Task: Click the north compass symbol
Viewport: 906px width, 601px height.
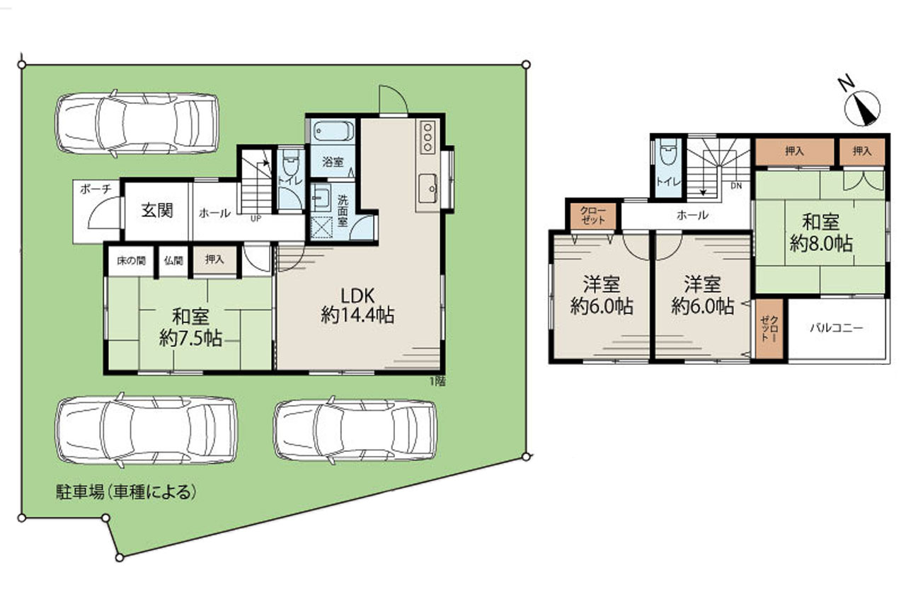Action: tap(861, 107)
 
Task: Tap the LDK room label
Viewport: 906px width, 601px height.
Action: tap(357, 296)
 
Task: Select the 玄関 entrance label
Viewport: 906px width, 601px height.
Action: tap(157, 211)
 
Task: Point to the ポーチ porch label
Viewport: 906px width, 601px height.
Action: tap(96, 189)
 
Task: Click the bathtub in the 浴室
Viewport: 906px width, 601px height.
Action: tap(333, 132)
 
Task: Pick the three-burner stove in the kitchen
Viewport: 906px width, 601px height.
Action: tap(428, 137)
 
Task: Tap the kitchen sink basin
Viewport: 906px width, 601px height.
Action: tap(428, 188)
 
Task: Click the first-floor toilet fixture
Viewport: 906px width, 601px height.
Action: tap(289, 161)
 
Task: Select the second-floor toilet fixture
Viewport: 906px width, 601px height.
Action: tap(667, 151)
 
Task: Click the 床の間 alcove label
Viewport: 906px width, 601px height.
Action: tap(131, 261)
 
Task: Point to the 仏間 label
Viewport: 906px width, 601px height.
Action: tap(173, 261)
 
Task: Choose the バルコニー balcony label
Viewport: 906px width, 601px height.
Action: tap(837, 327)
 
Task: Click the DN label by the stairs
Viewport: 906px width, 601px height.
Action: tap(736, 186)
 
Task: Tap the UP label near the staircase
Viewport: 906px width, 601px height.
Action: tap(256, 218)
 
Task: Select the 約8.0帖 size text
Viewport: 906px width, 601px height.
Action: tap(821, 243)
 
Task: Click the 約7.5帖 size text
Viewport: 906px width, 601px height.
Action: tap(190, 338)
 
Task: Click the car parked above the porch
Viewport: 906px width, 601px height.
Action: tap(137, 123)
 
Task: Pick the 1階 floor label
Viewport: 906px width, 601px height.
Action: tap(437, 381)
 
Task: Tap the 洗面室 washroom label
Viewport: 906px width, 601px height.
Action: tap(343, 211)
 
